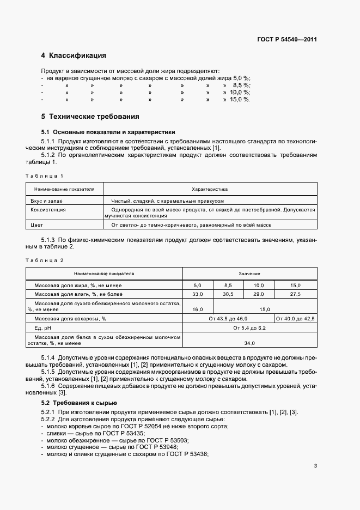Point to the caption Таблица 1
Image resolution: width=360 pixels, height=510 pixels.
click(x=45, y=175)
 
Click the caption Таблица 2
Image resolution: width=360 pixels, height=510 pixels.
click(x=45, y=260)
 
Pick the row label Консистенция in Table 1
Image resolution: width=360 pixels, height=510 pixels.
click(x=48, y=209)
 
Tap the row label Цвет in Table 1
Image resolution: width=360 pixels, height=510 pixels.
click(x=36, y=225)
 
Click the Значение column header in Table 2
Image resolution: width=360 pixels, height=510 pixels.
click(x=249, y=274)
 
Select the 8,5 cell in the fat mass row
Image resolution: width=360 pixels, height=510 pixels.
click(x=228, y=286)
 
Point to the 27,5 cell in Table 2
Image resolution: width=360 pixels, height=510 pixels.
click(x=295, y=294)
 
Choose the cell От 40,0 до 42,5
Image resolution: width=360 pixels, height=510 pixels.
click(x=295, y=318)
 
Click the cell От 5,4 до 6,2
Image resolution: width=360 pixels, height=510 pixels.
click(x=249, y=329)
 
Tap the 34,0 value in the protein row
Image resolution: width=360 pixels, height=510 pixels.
click(x=249, y=343)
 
